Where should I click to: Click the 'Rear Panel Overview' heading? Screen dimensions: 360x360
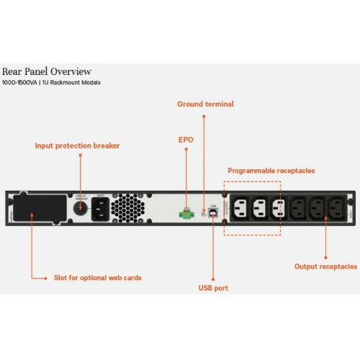point(46,71)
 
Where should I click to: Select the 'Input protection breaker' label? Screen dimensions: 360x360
point(77,145)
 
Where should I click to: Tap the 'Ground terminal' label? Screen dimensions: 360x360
point(205,104)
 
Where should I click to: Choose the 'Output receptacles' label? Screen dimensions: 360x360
point(325,266)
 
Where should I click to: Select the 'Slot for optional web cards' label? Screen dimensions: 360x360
point(97,277)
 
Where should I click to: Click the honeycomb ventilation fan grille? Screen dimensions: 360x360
point(129,209)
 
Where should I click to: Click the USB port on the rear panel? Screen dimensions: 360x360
point(213,213)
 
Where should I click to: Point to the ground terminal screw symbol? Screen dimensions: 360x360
point(204,213)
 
